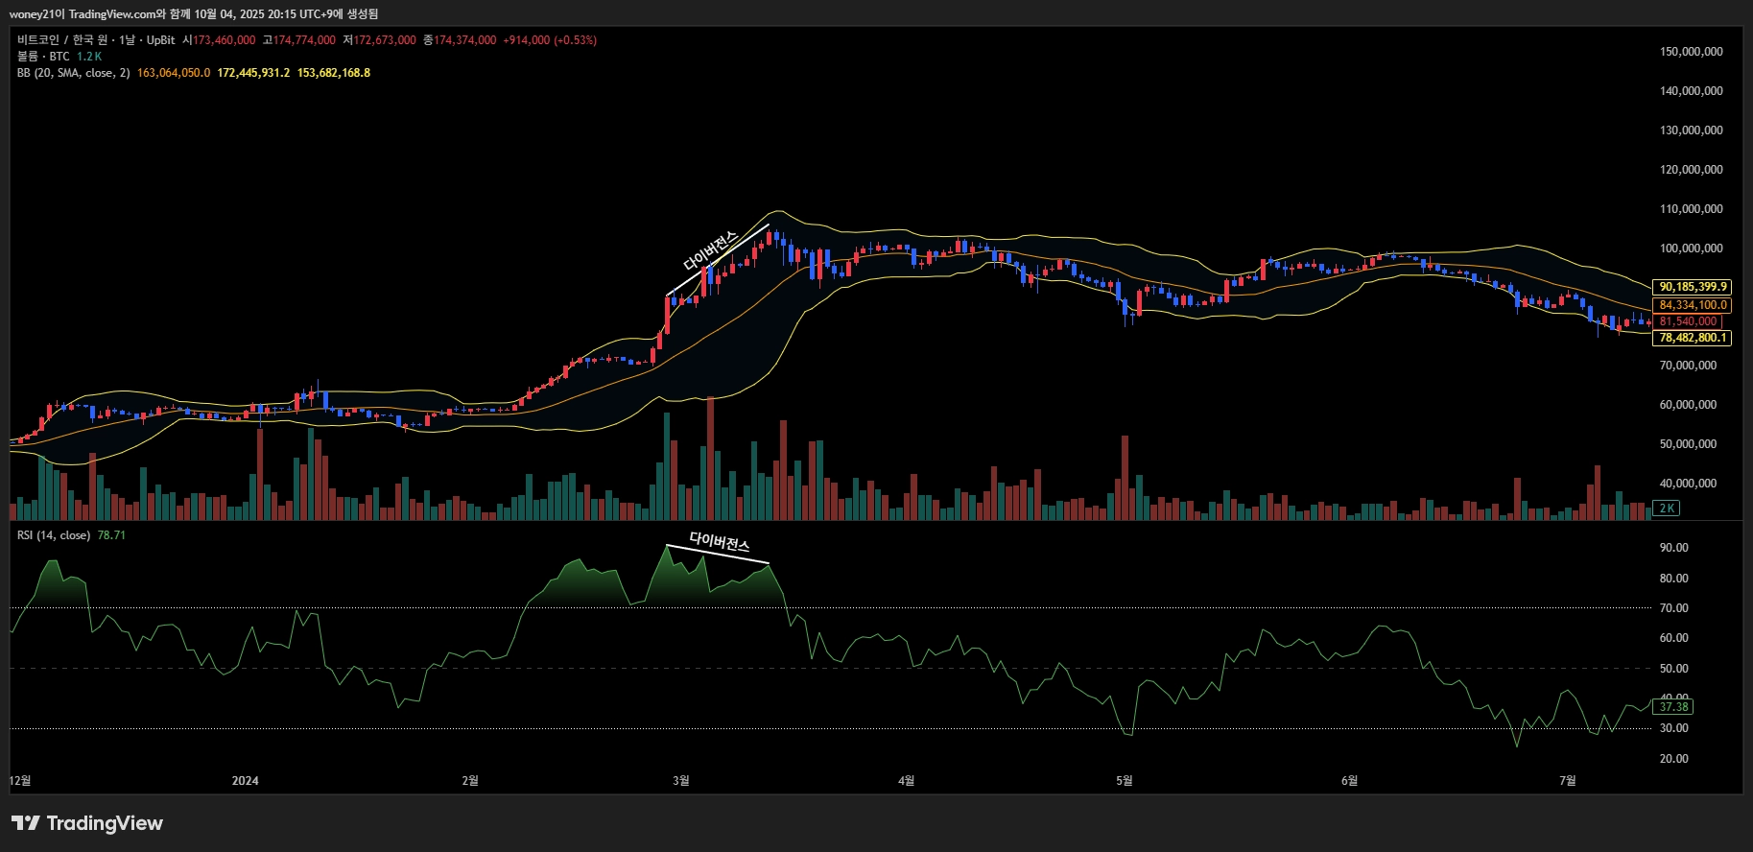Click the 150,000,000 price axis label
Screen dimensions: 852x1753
coord(1691,52)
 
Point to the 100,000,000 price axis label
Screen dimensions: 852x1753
coord(1691,248)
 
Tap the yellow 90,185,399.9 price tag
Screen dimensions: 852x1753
coord(1693,287)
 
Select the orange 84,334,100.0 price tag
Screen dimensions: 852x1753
coord(1693,305)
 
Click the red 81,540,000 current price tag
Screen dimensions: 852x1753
coord(1688,321)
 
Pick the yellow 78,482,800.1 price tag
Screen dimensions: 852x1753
coord(1693,338)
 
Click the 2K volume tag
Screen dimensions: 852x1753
coord(1668,509)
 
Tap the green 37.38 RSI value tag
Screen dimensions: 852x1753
coord(1673,707)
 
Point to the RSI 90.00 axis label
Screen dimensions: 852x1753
coord(1673,548)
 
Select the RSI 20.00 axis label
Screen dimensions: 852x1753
coord(1673,759)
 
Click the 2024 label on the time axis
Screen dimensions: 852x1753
coord(245,781)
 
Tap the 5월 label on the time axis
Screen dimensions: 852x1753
coord(1124,781)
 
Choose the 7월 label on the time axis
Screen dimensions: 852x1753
coord(1567,781)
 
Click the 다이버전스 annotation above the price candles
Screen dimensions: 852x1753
coord(710,250)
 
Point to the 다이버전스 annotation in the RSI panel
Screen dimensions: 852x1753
coord(720,542)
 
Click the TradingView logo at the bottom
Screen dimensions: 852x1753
coord(87,823)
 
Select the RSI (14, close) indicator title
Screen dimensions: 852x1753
coord(54,535)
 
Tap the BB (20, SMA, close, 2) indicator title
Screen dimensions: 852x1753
coord(73,73)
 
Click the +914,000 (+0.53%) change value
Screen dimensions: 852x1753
coord(550,40)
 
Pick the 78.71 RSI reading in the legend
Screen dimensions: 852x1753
coord(111,535)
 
